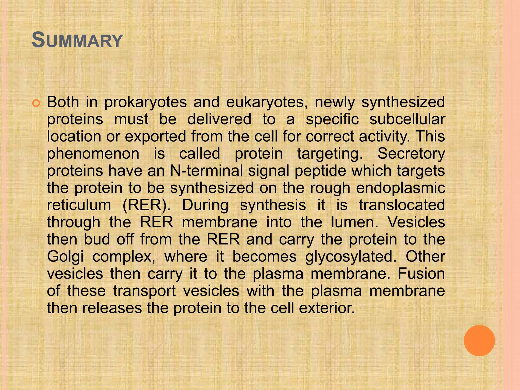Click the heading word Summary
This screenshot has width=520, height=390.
(77, 41)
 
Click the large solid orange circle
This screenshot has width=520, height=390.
(479, 340)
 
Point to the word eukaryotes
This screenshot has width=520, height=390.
(267, 102)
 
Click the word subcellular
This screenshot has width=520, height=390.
(407, 119)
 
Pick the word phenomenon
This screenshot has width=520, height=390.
(93, 154)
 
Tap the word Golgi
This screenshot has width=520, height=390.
(65, 257)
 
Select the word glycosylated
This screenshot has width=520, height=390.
(351, 257)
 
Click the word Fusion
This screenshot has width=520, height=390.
(421, 274)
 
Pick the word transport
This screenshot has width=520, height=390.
(144, 291)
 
